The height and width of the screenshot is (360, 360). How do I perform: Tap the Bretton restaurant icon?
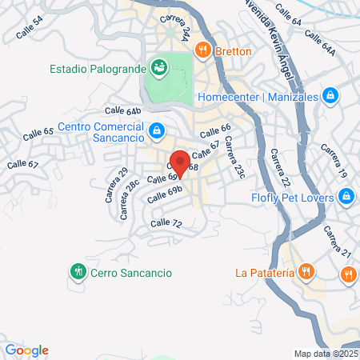pos(204,50)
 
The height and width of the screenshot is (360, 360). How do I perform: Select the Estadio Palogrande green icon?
pos(158,66)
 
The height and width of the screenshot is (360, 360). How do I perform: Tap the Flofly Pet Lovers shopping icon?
pos(346,194)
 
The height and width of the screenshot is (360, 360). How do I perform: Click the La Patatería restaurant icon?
pos(306,272)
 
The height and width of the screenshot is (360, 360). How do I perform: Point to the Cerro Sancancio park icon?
pos(78,272)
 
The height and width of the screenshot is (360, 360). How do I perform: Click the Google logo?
pos(26,350)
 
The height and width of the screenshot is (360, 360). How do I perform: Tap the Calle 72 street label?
pos(166,222)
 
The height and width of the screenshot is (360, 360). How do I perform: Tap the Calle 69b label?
pos(164,194)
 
